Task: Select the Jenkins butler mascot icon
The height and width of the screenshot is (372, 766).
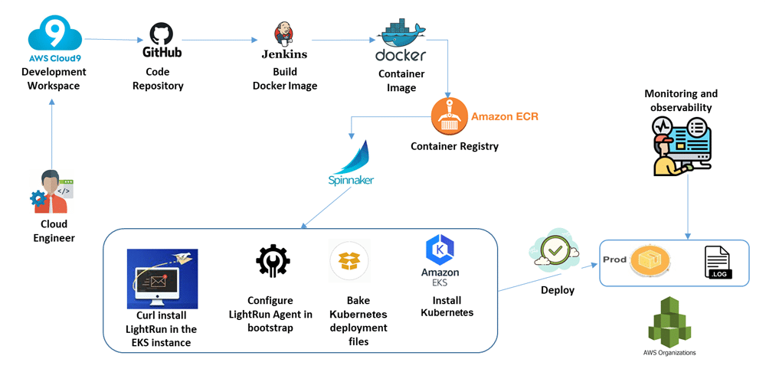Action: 283,33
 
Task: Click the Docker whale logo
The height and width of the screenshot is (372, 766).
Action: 401,34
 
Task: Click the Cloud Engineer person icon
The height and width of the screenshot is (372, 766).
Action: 51,191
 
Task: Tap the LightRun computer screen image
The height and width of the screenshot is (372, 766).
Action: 162,278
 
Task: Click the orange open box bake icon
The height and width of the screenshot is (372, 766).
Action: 349,261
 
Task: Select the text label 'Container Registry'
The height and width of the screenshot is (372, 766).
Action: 454,146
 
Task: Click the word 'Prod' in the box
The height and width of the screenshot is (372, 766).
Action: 614,259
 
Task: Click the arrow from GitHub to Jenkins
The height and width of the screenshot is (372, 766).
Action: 221,40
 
